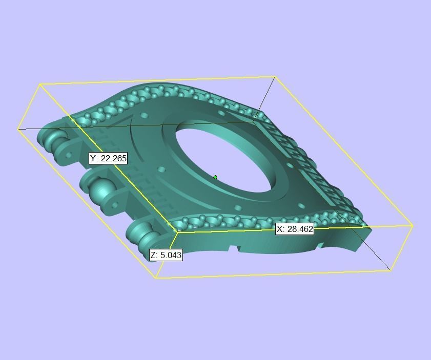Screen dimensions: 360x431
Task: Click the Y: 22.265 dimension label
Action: tap(108, 159)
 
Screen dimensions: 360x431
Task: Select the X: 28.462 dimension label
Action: tap(295, 229)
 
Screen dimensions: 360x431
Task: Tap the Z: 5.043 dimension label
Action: tap(166, 255)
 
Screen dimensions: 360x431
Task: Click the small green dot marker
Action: tap(215, 178)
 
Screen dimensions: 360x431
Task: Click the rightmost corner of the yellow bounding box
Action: tap(413, 225)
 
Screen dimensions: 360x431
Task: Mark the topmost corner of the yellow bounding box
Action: tap(275, 77)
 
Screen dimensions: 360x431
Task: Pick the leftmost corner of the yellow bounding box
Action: tap(18, 129)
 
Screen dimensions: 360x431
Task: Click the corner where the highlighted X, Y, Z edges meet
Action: tap(177, 232)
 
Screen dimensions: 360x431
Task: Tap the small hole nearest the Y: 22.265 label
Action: tap(162, 169)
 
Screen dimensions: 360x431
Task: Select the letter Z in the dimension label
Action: tap(153, 255)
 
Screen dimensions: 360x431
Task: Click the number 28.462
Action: tap(300, 229)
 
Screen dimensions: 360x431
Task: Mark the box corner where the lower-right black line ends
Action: tap(391, 270)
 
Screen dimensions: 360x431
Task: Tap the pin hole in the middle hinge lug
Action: tap(114, 205)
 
